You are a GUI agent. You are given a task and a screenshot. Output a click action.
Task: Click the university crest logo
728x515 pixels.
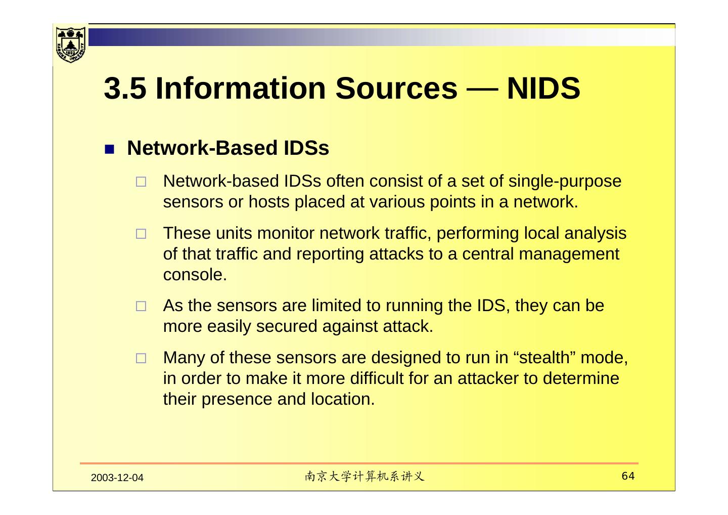[x=70, y=44]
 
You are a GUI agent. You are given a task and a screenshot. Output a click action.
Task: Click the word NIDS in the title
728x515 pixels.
[x=543, y=88]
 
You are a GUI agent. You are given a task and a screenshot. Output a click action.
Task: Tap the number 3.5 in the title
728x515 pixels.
[x=125, y=88]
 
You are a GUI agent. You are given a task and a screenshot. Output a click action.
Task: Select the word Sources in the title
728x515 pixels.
[x=396, y=88]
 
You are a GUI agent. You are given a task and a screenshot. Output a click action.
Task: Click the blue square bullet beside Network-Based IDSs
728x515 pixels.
[x=110, y=150]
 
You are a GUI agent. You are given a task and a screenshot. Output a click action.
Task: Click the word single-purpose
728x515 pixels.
[x=565, y=181]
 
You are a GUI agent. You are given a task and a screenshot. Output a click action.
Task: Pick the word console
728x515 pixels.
[x=194, y=275]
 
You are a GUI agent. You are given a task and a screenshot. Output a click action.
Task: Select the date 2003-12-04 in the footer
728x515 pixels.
[x=117, y=478]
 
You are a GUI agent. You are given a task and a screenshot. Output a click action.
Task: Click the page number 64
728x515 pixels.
[x=628, y=476]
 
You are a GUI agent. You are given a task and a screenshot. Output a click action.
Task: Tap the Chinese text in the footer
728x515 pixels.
[x=365, y=477]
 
